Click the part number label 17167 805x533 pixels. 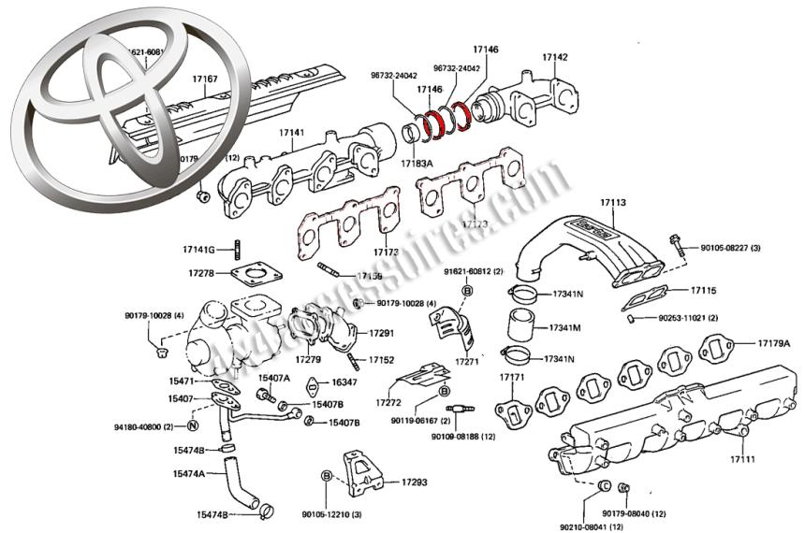(204, 79)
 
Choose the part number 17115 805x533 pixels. (704, 291)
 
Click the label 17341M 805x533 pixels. (564, 328)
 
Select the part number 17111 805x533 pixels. (744, 459)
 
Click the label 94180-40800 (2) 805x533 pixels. (144, 426)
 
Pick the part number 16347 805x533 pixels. (344, 382)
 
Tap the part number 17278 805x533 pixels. (201, 273)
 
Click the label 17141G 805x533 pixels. (198, 250)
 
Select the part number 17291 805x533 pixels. (380, 333)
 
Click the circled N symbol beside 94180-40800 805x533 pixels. (192, 426)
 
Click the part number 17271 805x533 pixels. (466, 360)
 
